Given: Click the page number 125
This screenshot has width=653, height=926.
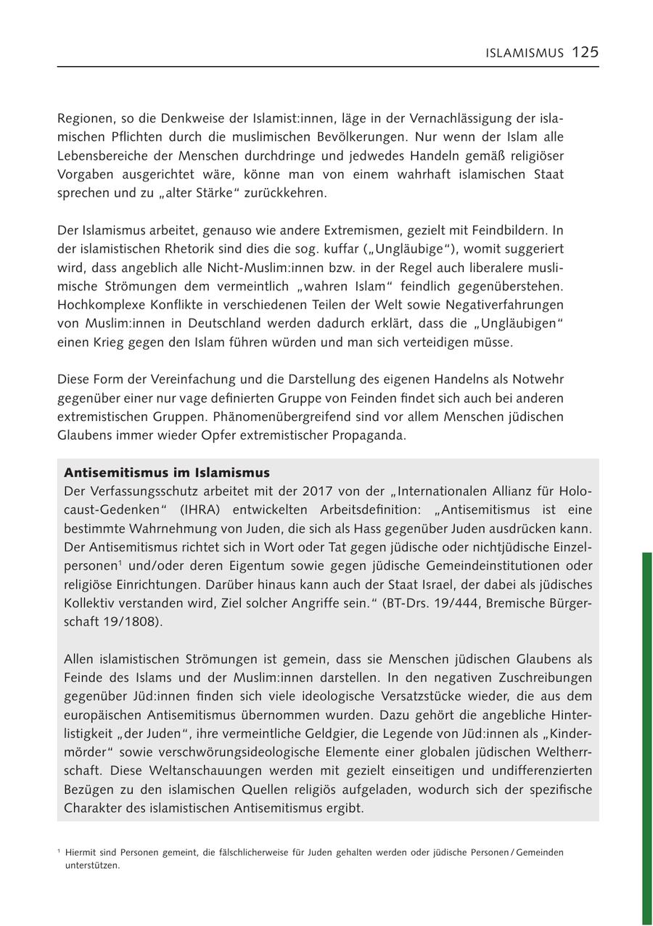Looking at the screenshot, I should pyautogui.click(x=585, y=52).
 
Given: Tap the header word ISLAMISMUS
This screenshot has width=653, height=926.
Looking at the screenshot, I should pyautogui.click(x=525, y=53).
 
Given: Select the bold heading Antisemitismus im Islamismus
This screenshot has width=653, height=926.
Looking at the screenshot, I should pyautogui.click(x=167, y=472).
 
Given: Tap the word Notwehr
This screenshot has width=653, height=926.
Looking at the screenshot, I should pyautogui.click(x=538, y=380).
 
